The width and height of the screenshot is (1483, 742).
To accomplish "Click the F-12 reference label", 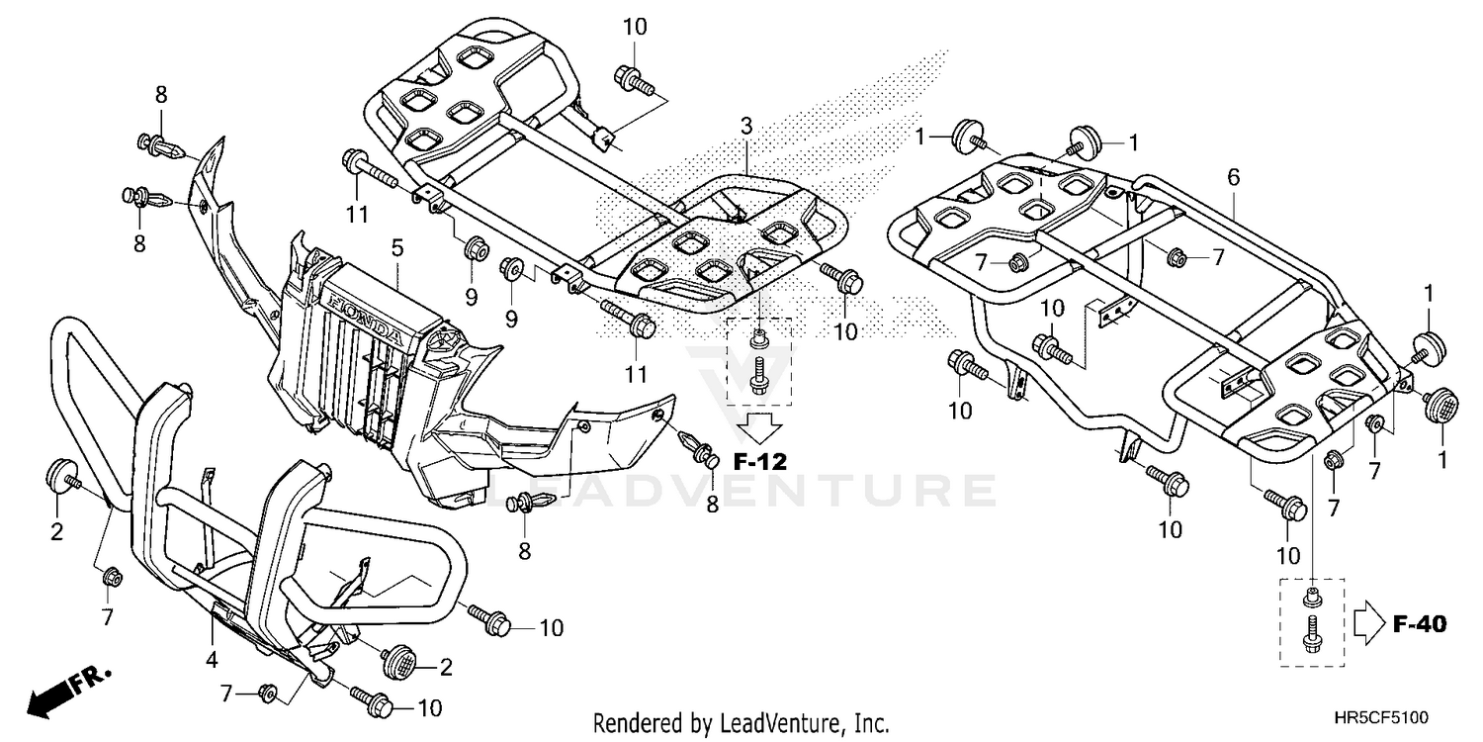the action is tap(760, 461).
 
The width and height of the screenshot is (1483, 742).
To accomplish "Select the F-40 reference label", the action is tap(1420, 624).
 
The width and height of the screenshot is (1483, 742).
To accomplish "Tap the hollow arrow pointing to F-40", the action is tap(1369, 624).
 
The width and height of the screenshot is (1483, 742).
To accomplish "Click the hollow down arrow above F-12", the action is tap(760, 427).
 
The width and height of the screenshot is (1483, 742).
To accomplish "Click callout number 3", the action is tap(746, 126).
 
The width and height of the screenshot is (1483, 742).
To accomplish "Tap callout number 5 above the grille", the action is tap(396, 248).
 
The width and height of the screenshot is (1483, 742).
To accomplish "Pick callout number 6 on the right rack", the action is tap(1233, 177).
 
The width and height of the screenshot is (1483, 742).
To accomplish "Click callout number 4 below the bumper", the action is tap(212, 660).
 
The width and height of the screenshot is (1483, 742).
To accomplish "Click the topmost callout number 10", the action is tap(635, 27).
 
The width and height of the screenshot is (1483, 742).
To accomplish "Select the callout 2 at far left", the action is tap(57, 531).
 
